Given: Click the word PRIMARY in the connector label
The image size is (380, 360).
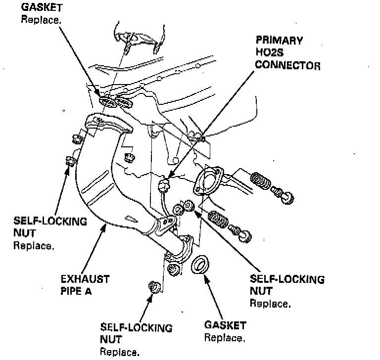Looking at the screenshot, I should [x=279, y=40].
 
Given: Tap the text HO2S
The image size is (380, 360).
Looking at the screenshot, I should [x=267, y=52].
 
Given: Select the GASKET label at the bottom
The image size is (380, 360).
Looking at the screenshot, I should [x=225, y=326].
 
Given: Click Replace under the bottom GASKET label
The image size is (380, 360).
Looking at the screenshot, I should [x=224, y=339].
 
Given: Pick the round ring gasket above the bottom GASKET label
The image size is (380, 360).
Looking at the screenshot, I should [x=200, y=265].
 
